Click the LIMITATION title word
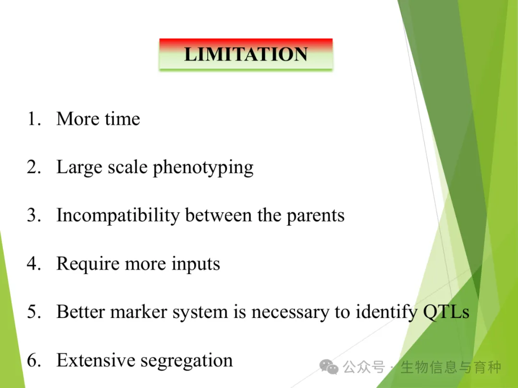[246, 54]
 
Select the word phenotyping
[203, 168]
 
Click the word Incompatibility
[118, 216]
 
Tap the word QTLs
[447, 312]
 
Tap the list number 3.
[34, 215]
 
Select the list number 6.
[34, 360]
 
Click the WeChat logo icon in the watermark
[329, 367]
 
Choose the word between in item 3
[218, 216]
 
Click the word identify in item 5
[386, 312]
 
